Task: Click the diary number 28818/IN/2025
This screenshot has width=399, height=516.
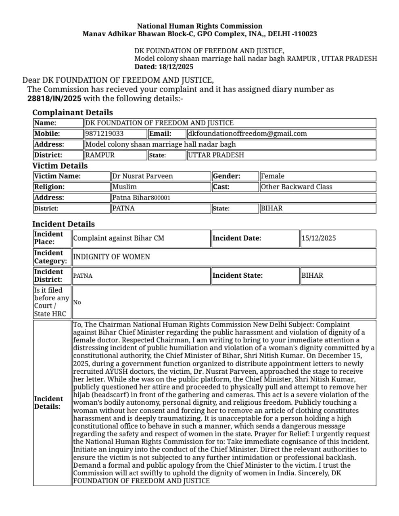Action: pos(54,99)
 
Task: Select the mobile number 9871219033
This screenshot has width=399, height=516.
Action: pos(105,134)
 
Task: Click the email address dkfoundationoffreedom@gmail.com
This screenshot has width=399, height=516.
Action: pos(247,134)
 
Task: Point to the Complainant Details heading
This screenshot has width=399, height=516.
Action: pos(73,112)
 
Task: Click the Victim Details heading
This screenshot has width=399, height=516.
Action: pos(60,166)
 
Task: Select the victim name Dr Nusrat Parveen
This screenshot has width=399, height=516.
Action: pos(142,176)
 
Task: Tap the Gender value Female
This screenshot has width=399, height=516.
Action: pos(273,176)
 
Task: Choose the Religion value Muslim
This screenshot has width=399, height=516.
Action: pos(125,187)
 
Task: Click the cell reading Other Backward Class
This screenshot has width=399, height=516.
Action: pos(297,187)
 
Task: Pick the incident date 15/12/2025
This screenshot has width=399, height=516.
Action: pos(319,238)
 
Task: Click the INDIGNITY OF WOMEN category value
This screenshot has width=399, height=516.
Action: pos(112,257)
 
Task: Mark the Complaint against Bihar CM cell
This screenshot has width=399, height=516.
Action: pos(119,238)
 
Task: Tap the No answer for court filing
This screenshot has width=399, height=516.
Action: pos(77,302)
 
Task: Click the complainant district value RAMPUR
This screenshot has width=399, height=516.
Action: pos(100,155)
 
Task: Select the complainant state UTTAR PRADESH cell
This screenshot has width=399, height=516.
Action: pos(216,155)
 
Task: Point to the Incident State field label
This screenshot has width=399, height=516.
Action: pos(238,276)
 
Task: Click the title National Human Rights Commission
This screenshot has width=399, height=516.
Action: pos(200,26)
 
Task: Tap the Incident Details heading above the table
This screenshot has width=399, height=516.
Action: pos(64,224)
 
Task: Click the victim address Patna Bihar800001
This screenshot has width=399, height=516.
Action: pos(141,198)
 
